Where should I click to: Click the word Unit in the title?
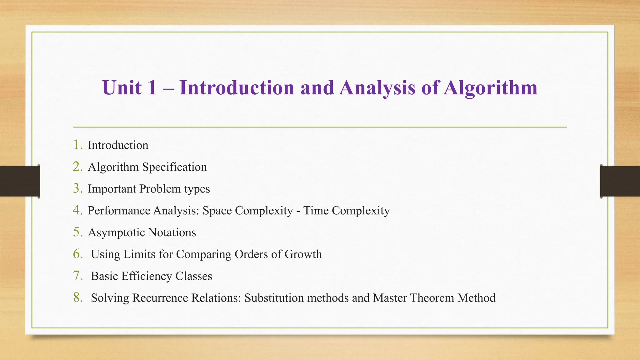click(122, 87)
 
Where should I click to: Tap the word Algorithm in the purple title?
click(491, 88)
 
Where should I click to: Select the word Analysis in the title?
click(377, 88)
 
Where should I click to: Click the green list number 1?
click(77, 145)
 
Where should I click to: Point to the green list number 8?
click(77, 297)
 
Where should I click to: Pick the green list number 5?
click(77, 232)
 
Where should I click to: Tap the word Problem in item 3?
click(160, 189)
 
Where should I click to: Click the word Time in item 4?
click(316, 211)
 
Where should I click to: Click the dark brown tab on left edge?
click(19, 181)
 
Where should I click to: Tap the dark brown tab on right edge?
click(620, 181)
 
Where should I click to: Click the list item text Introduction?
click(118, 145)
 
